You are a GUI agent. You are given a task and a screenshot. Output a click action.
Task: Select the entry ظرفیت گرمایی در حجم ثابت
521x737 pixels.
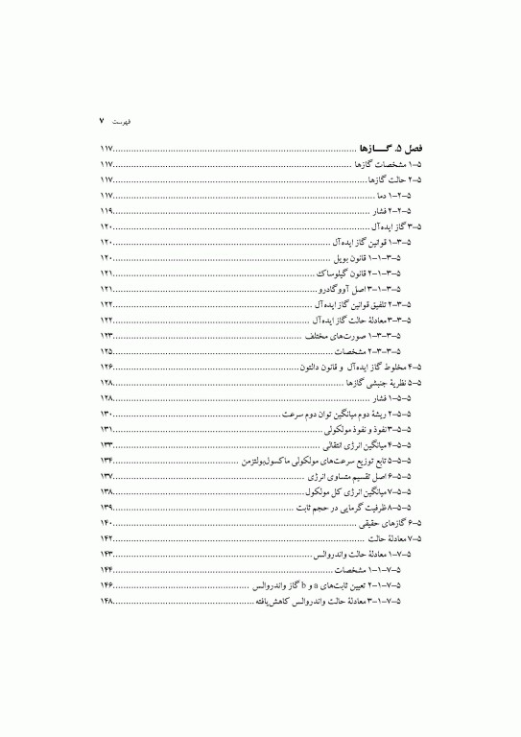347,508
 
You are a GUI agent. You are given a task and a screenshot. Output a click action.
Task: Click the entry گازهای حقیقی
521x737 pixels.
390,524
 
